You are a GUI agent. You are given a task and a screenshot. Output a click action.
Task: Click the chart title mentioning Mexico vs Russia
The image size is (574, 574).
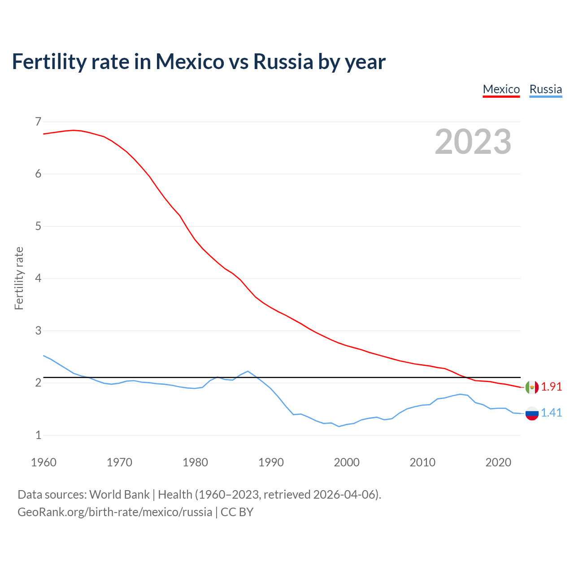tap(199, 61)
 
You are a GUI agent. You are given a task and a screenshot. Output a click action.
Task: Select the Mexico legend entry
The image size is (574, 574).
tap(501, 89)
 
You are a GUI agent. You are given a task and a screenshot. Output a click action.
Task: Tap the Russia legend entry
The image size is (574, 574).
tap(545, 89)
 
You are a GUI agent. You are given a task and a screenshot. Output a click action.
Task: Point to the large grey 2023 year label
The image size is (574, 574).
tap(473, 142)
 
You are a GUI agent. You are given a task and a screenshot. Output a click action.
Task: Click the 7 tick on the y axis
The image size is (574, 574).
tap(38, 122)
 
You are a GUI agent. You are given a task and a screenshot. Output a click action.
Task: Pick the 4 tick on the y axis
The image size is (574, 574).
tap(38, 278)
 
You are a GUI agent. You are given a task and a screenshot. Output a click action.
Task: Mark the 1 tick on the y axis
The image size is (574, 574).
tap(38, 435)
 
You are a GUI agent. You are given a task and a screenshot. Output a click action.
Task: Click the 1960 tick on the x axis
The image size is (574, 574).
tap(43, 462)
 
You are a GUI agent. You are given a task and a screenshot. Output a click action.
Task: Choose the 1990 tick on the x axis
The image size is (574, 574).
tap(271, 462)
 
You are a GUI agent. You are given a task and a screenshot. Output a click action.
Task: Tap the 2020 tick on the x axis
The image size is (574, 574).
tap(498, 462)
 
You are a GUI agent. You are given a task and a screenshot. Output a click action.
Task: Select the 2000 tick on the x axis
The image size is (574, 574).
tap(347, 462)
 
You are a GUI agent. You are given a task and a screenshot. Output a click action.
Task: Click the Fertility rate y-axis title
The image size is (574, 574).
tap(19, 278)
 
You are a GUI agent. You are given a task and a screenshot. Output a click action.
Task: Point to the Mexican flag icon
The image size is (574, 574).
tap(532, 387)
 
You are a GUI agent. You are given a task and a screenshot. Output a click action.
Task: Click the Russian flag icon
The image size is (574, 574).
tap(532, 413)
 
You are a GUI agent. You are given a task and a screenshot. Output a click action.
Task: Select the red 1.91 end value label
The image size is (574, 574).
tap(551, 387)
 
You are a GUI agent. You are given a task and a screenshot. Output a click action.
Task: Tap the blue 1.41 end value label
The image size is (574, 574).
tap(551, 413)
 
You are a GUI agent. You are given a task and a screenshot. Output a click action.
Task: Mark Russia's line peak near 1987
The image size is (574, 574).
tap(248, 371)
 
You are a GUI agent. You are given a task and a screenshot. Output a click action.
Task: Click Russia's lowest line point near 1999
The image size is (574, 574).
tap(339, 426)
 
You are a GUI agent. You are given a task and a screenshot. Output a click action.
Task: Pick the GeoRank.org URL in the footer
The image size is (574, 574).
tap(115, 512)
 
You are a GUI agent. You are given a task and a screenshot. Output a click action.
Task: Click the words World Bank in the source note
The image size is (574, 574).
tap(119, 495)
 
